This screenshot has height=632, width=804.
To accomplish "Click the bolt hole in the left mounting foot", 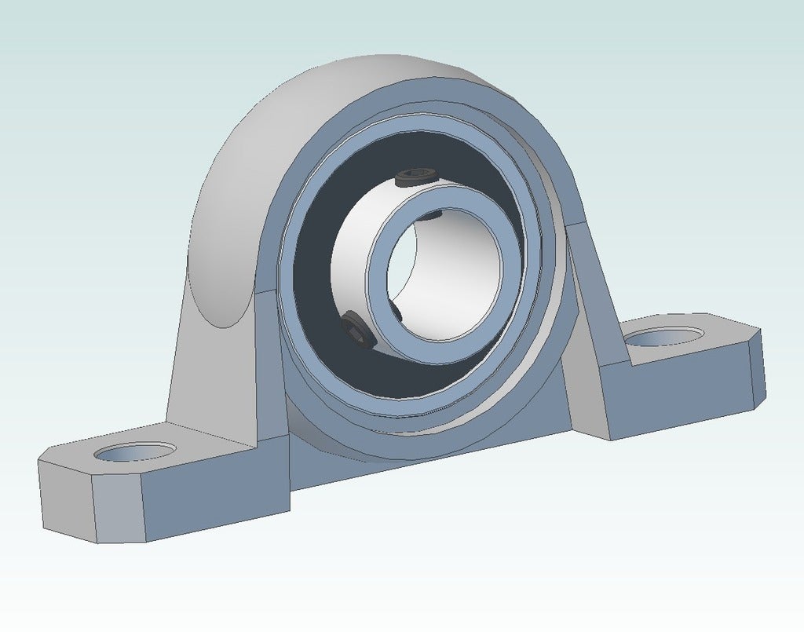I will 134,452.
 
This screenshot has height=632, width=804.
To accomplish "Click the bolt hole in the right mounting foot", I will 664,338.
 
